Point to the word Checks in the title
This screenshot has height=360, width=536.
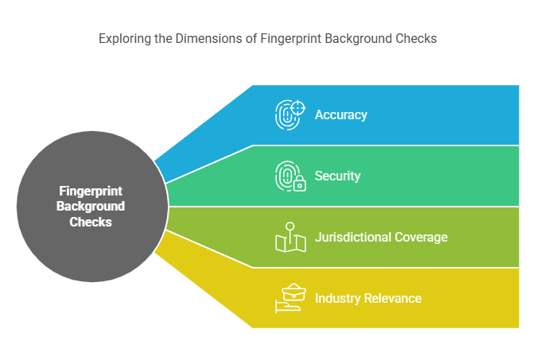pyautogui.click(x=418, y=38)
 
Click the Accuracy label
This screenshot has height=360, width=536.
pyautogui.click(x=340, y=114)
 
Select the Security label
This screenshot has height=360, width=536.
pyautogui.click(x=337, y=176)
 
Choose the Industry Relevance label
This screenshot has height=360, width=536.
pyautogui.click(x=367, y=298)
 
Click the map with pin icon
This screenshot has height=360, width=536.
pyautogui.click(x=290, y=237)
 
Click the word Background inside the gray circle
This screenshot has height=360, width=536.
pyautogui.click(x=91, y=207)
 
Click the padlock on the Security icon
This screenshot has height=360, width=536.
pyautogui.click(x=299, y=184)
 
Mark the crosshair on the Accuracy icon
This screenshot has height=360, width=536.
pyautogui.click(x=298, y=107)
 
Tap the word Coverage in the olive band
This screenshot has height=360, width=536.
pyautogui.click(x=421, y=237)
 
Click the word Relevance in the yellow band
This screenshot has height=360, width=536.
pyautogui.click(x=392, y=298)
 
